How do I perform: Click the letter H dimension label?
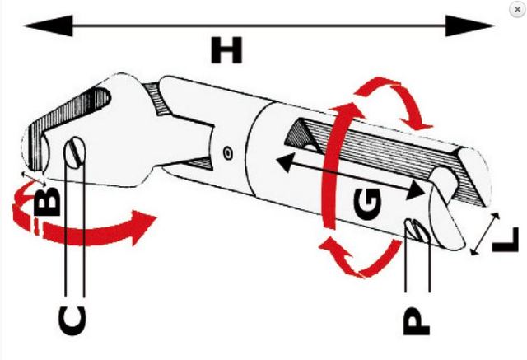click(x=226, y=50)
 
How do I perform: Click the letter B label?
click(x=48, y=201)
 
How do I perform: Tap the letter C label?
click(x=72, y=320)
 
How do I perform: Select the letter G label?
click(x=368, y=204)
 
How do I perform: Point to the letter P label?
click(x=416, y=321)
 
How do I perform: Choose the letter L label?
click(x=505, y=240)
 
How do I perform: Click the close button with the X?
click(x=517, y=9)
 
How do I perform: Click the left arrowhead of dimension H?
click(x=48, y=26)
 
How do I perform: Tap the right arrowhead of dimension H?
click(x=470, y=26)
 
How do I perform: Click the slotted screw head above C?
click(x=75, y=152)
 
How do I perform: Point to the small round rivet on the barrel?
click(x=228, y=153)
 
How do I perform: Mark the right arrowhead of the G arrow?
click(x=415, y=190)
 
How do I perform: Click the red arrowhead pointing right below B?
click(x=142, y=226)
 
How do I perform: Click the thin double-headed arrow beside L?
click(x=484, y=234)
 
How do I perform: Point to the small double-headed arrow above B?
click(x=33, y=179)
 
